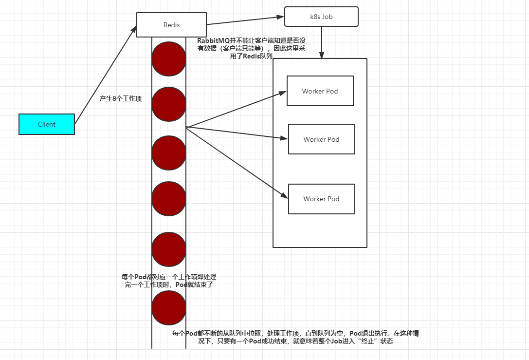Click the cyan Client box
[x=47, y=124]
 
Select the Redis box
[x=171, y=25]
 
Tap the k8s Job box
[x=321, y=17]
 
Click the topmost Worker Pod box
[x=320, y=91]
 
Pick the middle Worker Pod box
[x=321, y=139]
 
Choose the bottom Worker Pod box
[x=321, y=199]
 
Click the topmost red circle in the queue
[x=169, y=59]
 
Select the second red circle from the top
[x=169, y=104]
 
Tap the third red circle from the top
[x=169, y=153]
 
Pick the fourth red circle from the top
[x=169, y=198]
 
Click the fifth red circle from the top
[x=169, y=249]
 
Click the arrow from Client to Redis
[x=106, y=75]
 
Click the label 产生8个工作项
[x=121, y=99]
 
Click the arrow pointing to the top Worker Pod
[x=236, y=109]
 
